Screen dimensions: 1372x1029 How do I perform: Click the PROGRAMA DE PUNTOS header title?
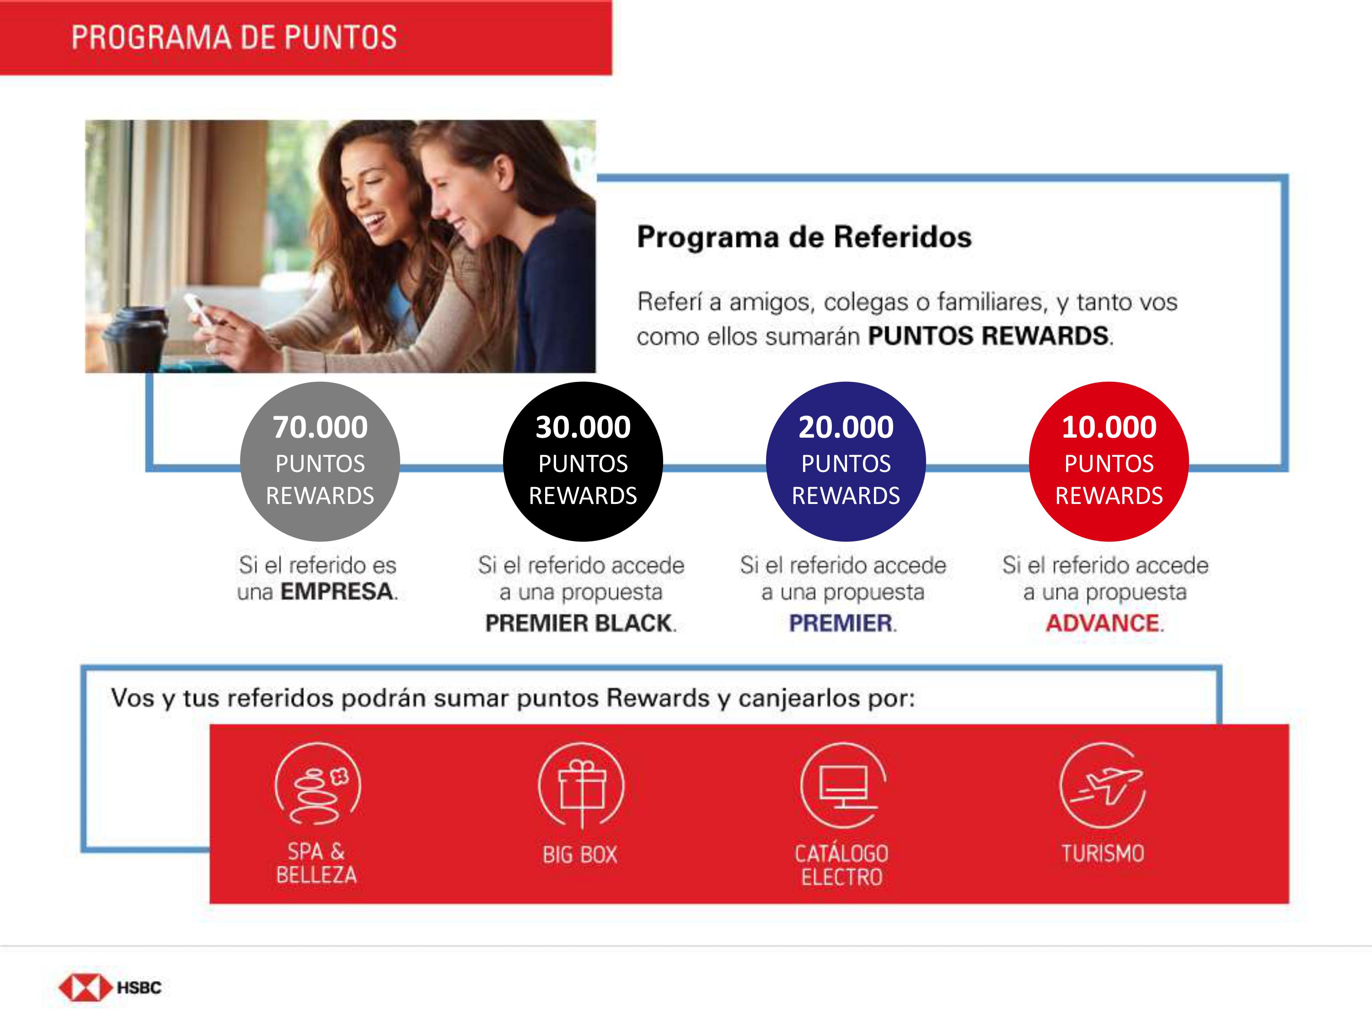(x=234, y=37)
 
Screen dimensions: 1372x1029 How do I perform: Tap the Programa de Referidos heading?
(x=804, y=237)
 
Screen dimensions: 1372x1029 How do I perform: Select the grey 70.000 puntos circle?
(x=320, y=461)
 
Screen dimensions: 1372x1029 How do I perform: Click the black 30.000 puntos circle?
(x=583, y=461)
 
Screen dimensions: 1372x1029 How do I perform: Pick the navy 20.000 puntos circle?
(x=846, y=461)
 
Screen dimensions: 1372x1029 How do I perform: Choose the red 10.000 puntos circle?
(x=1109, y=461)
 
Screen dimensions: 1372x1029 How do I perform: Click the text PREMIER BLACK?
(x=579, y=623)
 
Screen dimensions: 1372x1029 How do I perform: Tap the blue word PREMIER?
(x=841, y=623)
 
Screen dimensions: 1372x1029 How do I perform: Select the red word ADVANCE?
(x=1103, y=623)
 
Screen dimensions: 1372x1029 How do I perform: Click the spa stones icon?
(x=317, y=785)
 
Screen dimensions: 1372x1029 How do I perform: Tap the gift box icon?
(x=581, y=785)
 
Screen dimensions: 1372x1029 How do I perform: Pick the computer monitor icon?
(x=843, y=785)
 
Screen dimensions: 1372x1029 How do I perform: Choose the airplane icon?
(x=1103, y=785)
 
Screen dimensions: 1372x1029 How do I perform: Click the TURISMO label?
(x=1103, y=853)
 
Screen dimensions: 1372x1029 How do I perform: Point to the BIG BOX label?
(x=580, y=855)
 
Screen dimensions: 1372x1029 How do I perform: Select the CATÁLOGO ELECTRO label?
(x=841, y=865)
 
